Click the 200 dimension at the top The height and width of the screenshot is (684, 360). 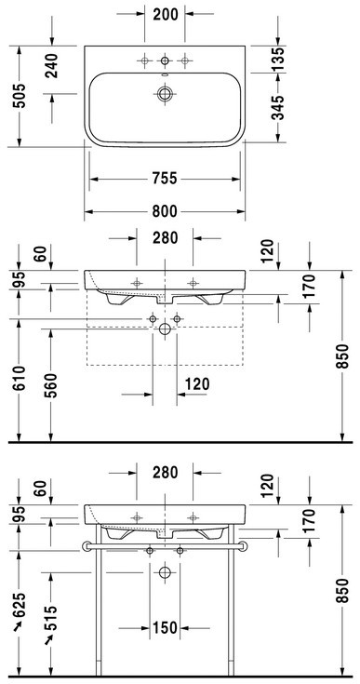pyautogui.click(x=166, y=14)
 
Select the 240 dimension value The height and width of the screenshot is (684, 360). pyautogui.click(x=52, y=65)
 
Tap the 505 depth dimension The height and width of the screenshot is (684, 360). pyautogui.click(x=20, y=96)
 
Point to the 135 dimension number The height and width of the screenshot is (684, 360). pyautogui.click(x=278, y=59)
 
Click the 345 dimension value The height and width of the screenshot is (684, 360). pyautogui.click(x=278, y=107)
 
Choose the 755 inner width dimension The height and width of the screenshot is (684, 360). pyautogui.click(x=165, y=179)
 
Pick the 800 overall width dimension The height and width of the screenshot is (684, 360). pyautogui.click(x=165, y=211)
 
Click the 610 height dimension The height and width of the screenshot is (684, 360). pyautogui.click(x=20, y=379)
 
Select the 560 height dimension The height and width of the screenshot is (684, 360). pyautogui.click(x=51, y=385)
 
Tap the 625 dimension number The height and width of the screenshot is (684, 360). pyautogui.click(x=20, y=605)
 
